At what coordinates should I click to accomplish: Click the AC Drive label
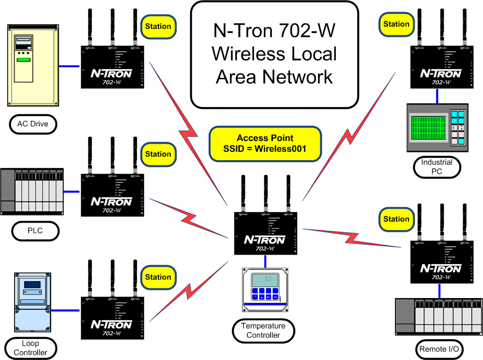[x=33, y=124]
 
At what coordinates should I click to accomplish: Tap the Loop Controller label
[x=30, y=348]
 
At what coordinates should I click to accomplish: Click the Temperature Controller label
[x=263, y=330]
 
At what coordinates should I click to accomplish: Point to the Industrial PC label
[x=437, y=166]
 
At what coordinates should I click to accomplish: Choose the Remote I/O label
[x=439, y=348]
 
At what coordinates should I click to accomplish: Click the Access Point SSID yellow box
[x=265, y=144]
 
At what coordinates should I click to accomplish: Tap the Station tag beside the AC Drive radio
[x=158, y=26]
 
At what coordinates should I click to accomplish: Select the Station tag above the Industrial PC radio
[x=396, y=24]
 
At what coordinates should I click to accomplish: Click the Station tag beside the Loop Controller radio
[x=158, y=277]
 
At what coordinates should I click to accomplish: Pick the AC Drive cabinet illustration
[x=32, y=65]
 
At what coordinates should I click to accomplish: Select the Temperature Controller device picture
[x=265, y=289]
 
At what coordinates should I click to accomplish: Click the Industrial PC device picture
[x=437, y=128]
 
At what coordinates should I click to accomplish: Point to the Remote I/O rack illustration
[x=438, y=317]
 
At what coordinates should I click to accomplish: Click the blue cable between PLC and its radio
[x=72, y=192]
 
